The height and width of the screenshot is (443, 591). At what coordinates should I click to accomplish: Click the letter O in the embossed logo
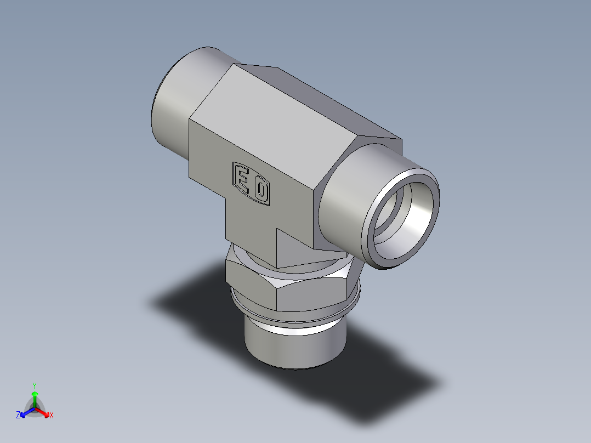(x=262, y=191)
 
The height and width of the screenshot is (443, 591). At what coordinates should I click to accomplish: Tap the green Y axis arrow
(x=35, y=396)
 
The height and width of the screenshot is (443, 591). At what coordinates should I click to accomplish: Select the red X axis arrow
(x=44, y=412)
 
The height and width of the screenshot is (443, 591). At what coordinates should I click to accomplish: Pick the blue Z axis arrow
(x=25, y=412)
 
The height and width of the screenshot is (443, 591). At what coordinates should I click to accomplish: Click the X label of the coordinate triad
(x=52, y=416)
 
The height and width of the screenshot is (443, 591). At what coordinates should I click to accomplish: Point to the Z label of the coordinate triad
(x=18, y=416)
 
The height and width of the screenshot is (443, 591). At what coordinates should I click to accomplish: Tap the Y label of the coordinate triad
(x=34, y=385)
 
